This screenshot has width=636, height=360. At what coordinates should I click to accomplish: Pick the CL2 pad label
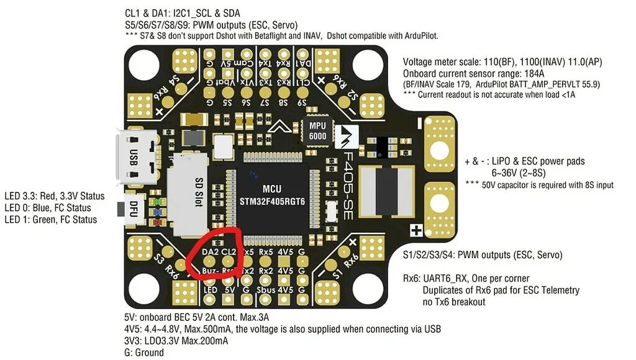pyautogui.click(x=229, y=252)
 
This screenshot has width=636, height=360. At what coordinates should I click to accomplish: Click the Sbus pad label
pyautogui.click(x=266, y=289)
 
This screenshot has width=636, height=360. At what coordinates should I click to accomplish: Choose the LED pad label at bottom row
pyautogui.click(x=211, y=289)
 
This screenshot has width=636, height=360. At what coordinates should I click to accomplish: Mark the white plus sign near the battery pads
pyautogui.click(x=417, y=231)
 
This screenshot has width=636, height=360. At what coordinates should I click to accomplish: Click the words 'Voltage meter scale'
pyautogui.click(x=440, y=63)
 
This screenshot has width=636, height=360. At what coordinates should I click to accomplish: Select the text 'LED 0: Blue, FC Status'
pyautogui.click(x=48, y=207)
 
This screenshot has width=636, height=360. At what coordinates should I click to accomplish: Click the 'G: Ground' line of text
pyautogui.click(x=144, y=353)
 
